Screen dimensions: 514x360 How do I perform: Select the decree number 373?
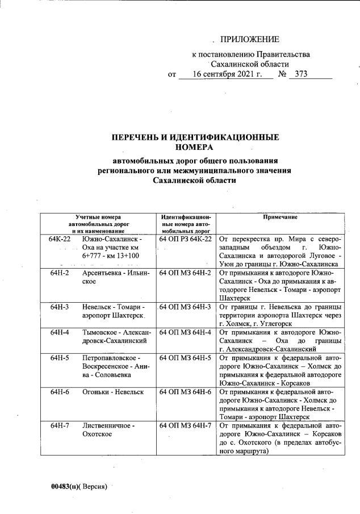298,74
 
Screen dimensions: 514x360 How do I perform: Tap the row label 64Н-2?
59,273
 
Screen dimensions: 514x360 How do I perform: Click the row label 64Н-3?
59,307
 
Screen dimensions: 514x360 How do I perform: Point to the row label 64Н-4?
59,332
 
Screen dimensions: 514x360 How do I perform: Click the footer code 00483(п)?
64,487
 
